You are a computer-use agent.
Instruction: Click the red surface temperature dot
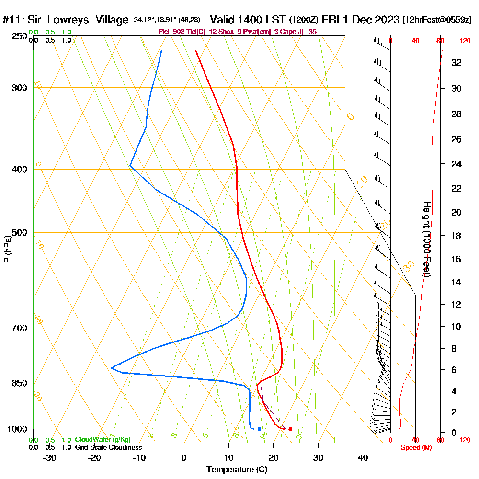pyautogui.click(x=290, y=429)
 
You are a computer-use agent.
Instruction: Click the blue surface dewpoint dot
pyautogui.click(x=259, y=429)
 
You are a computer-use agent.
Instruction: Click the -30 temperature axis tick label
pyautogui.click(x=50, y=457)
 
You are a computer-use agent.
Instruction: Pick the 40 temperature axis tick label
pyautogui.click(x=363, y=457)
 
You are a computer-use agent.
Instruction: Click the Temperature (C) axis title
pyautogui.click(x=237, y=470)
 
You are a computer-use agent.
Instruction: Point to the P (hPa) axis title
pyautogui.click(x=7, y=249)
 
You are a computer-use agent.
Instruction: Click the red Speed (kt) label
pyautogui.click(x=414, y=448)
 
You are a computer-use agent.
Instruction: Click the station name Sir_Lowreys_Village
pyautogui.click(x=78, y=20)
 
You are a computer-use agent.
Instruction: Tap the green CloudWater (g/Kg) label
pyautogui.click(x=103, y=440)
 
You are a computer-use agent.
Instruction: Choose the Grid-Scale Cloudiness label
pyautogui.click(x=108, y=447)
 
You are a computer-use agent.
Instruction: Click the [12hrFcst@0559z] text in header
pyautogui.click(x=437, y=20)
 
